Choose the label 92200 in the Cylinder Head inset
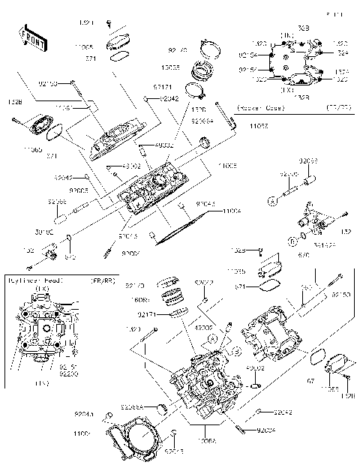tap(68, 373)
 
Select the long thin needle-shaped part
tap(183, 226)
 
